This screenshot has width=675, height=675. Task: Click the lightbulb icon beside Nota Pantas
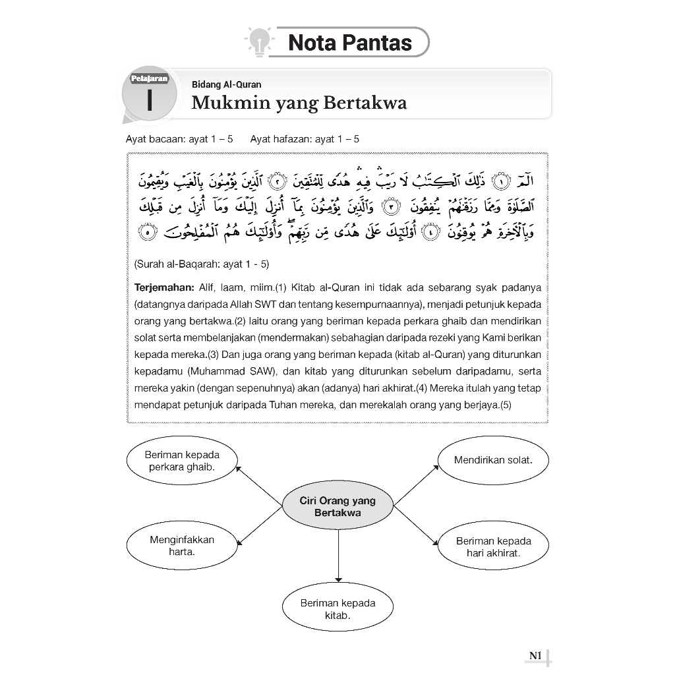tap(259, 41)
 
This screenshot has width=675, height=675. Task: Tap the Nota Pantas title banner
tap(350, 43)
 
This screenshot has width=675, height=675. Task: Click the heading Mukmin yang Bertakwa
tap(299, 103)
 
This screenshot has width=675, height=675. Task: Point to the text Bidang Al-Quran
tap(226, 84)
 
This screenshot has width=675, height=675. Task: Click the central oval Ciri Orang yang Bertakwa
tap(337, 506)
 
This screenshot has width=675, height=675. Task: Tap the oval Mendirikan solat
tap(493, 459)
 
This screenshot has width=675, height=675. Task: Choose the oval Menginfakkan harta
tap(182, 545)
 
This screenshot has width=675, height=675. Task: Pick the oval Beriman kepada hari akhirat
tap(493, 546)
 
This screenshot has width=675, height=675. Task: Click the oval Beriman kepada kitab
tap(337, 608)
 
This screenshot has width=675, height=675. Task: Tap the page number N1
tap(535, 655)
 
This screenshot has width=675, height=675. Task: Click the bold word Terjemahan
tap(163, 288)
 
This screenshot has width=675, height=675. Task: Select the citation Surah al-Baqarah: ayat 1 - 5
tap(202, 264)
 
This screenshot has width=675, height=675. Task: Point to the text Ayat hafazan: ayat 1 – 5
tap(305, 139)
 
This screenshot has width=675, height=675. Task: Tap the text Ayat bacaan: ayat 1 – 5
tap(179, 139)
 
